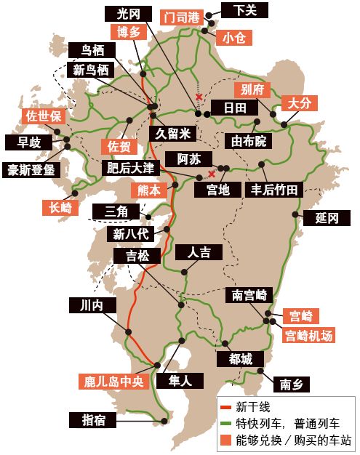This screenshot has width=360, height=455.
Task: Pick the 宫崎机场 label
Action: click(309, 336)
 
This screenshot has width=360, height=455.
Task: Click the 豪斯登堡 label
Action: click(30, 170)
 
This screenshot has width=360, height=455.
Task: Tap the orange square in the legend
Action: click(225, 439)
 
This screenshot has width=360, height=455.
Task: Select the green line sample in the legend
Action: click(225, 422)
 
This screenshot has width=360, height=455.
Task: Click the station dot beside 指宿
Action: click(164, 420)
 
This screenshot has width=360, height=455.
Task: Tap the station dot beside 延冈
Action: click(297, 214)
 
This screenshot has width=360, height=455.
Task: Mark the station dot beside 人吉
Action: click(183, 271)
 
